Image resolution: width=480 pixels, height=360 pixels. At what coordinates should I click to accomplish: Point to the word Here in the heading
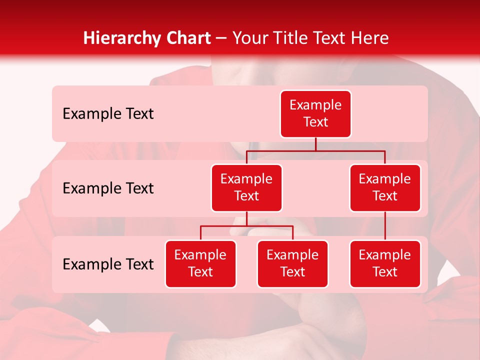point(369,38)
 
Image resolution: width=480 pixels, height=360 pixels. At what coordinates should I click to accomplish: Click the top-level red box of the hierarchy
point(315,114)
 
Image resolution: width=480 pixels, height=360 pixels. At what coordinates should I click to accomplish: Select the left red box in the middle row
point(246,188)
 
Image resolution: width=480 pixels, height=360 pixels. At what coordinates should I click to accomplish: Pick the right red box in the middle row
point(385,188)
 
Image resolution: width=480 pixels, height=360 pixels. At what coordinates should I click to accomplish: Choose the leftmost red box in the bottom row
point(200,264)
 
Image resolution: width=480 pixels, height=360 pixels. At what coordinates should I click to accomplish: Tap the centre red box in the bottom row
point(292,264)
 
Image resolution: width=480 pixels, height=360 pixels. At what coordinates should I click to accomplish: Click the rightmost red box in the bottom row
point(385,264)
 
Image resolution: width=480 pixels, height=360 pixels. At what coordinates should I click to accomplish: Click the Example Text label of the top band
point(108,114)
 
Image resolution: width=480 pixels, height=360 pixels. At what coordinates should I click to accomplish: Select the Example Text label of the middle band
point(108,188)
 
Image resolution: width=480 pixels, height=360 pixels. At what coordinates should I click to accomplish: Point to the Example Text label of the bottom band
point(108,264)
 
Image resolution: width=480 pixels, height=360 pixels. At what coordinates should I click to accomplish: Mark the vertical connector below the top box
point(315,144)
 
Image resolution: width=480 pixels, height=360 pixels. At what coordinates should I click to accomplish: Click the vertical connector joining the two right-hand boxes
point(385,226)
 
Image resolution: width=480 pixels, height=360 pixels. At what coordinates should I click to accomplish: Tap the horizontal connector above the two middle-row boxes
point(315,150)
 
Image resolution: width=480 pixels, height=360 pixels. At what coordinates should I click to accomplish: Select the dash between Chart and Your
point(221,38)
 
